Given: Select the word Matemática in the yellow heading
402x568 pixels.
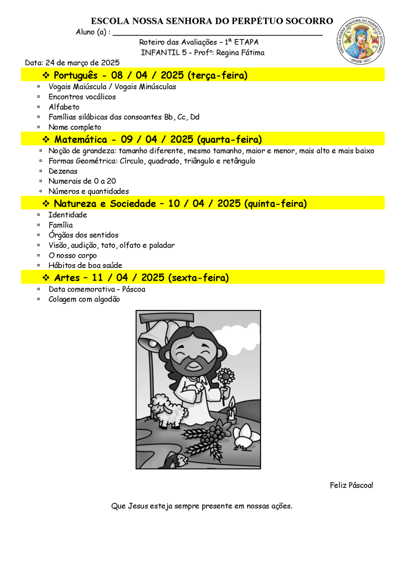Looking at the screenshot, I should click(80, 139).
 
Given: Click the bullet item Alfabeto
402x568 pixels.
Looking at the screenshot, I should click(64, 107).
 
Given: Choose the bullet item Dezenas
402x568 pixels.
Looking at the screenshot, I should click(63, 171).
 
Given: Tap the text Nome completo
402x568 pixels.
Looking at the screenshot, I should click(75, 127).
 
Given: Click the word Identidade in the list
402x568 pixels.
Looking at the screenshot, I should click(68, 215).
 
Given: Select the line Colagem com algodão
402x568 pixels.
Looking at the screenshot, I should click(84, 299).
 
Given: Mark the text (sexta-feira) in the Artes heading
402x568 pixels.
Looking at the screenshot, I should click(198, 277).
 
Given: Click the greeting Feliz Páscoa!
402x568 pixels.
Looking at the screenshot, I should click(351, 485).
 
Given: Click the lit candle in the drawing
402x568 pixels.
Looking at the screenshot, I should click(231, 410).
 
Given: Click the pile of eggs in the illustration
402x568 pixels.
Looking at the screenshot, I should click(245, 435).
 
